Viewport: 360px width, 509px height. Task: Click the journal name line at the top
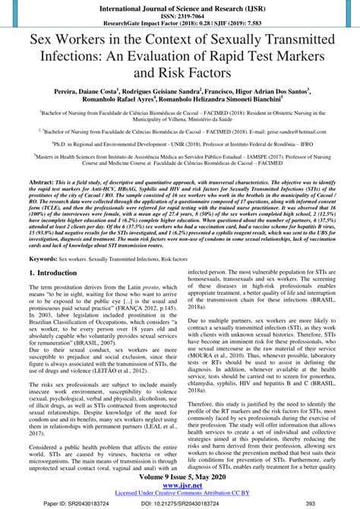180,5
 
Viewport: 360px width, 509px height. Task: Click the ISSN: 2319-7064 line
180,14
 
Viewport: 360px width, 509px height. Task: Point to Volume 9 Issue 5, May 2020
180,479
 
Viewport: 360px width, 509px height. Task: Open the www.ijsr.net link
180,488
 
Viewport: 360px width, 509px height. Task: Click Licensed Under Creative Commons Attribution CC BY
180,496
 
